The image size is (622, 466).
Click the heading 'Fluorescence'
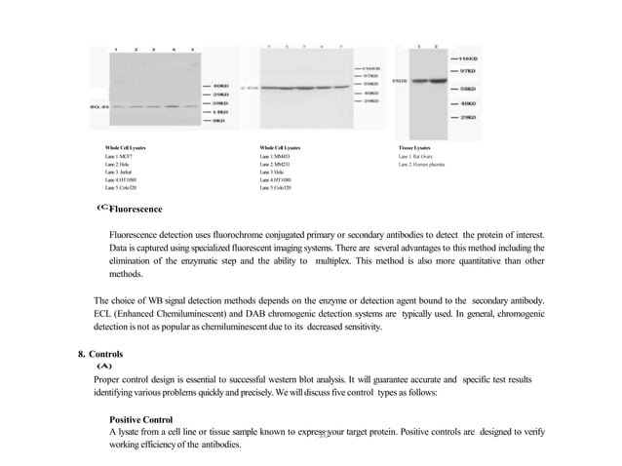pyautogui.click(x=136, y=210)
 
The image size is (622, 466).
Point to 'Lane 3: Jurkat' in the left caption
pyautogui.click(x=119, y=172)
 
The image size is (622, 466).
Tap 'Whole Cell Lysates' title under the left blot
pyautogui.click(x=126, y=146)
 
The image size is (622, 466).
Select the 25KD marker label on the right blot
pyautogui.click(x=469, y=116)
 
